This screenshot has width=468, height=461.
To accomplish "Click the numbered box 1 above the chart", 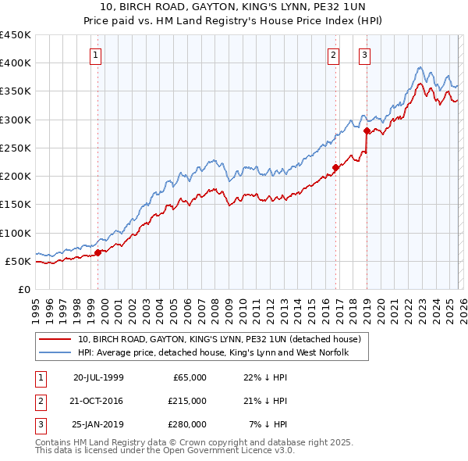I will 95,55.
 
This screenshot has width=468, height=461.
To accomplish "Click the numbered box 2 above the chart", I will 333,55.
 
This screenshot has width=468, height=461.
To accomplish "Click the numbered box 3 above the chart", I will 364,55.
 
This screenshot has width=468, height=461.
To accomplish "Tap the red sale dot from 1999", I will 98,252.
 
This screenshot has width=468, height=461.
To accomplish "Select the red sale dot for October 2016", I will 336,167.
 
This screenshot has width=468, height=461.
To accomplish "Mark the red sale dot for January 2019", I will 367,131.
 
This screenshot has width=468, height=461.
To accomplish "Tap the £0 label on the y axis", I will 23,289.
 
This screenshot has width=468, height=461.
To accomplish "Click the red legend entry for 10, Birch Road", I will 218,340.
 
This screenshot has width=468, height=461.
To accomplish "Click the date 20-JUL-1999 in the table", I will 98,377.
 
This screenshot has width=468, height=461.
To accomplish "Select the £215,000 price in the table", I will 187,401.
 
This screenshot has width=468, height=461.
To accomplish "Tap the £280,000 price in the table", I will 187,424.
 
